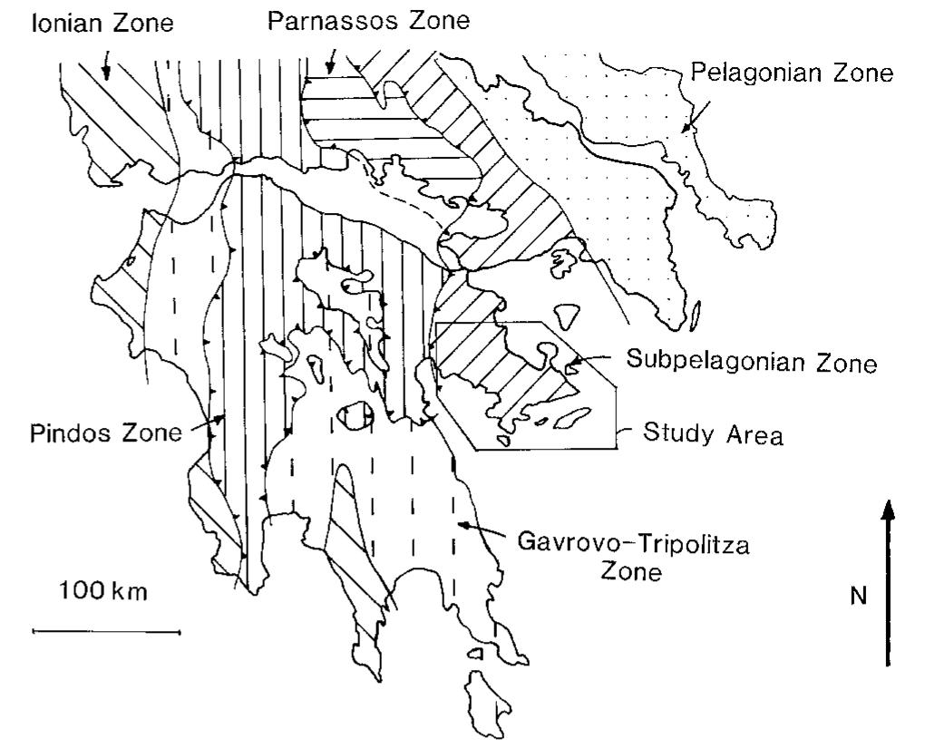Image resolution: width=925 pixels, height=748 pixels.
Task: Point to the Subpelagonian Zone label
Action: tap(753, 363)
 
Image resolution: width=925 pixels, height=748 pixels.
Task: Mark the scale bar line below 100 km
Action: tap(106, 630)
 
